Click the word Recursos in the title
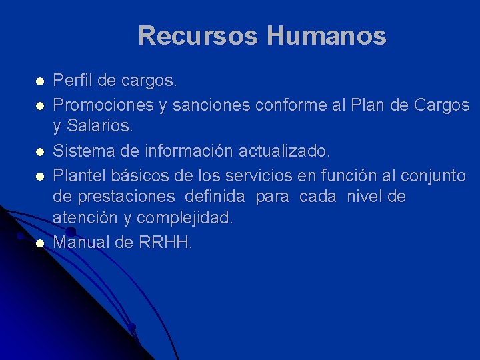(x=197, y=35)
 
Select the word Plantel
(x=76, y=176)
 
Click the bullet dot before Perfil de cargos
(x=40, y=82)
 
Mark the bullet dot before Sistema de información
(x=40, y=152)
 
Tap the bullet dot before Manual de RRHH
(x=40, y=243)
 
